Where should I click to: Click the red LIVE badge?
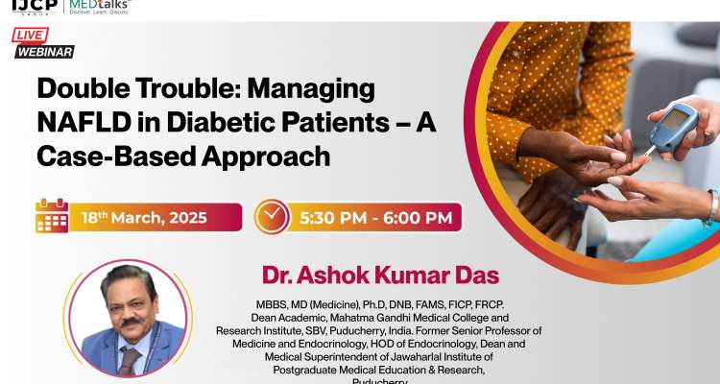pos(32,36)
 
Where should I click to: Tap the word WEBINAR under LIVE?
pos(44,52)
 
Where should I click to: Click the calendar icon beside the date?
pos(52,216)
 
